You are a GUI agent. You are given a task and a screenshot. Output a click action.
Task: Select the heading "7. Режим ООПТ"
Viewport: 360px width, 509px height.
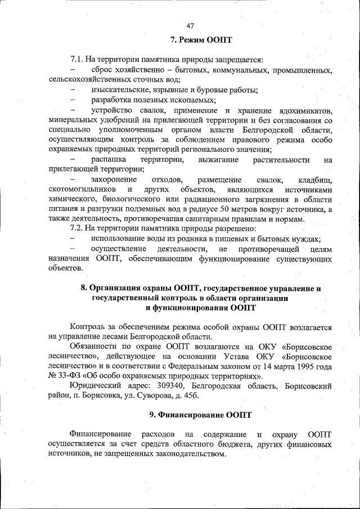(201, 40)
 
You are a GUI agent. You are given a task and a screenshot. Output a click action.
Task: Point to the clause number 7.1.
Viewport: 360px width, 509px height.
(77, 60)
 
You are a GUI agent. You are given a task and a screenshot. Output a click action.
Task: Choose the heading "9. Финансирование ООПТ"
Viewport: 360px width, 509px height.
(200, 415)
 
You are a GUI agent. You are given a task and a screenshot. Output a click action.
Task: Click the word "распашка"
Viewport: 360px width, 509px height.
(108, 160)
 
